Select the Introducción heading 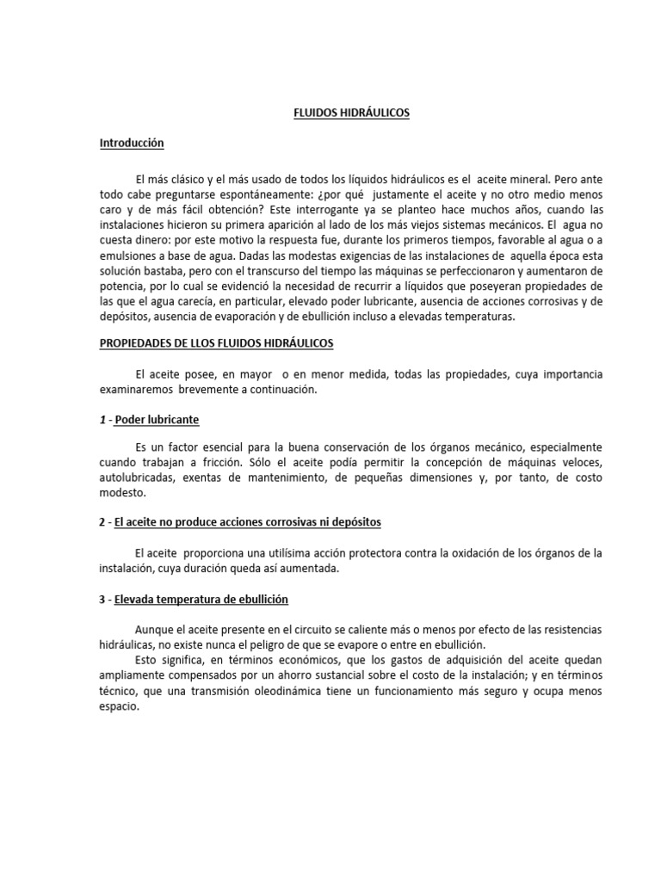[x=131, y=143]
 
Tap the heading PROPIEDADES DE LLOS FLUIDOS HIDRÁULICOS [x=216, y=343]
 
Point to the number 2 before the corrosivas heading [x=102, y=523]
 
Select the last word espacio [x=120, y=707]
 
